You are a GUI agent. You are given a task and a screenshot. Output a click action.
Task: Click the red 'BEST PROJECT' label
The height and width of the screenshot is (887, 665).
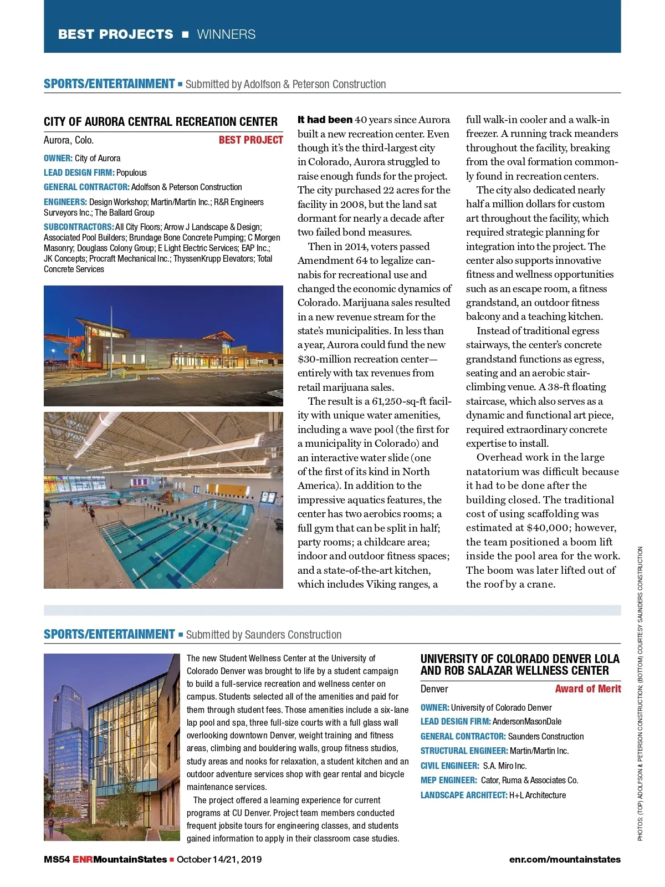coord(250,140)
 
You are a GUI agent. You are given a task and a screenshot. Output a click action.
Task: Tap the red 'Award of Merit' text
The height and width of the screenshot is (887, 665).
coord(588,689)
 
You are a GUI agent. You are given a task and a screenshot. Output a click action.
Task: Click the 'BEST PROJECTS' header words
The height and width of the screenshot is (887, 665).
coord(115,34)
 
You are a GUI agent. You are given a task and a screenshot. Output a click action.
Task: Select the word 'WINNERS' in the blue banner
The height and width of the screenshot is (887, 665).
coord(226,34)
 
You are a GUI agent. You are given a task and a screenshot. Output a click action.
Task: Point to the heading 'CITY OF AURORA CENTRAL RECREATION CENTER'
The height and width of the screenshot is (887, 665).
coord(161,122)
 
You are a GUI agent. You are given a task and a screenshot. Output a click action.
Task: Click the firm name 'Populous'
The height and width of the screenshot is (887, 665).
coord(131,173)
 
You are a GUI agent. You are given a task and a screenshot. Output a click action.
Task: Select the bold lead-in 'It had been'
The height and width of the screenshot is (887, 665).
coord(325,120)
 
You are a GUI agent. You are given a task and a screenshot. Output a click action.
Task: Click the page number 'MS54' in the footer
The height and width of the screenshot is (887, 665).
coord(57,860)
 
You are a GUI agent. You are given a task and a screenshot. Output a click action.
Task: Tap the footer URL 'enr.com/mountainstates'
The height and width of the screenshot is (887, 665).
coord(565,860)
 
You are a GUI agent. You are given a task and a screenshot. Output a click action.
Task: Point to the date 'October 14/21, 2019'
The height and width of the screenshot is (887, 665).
coord(219,860)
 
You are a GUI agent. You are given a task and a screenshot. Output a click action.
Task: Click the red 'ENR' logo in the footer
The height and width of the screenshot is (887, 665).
coord(83,860)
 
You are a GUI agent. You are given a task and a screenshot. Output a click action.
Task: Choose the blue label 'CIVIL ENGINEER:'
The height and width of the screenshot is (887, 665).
coord(449,766)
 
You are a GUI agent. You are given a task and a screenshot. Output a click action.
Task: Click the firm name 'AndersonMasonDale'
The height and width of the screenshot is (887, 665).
coord(526,722)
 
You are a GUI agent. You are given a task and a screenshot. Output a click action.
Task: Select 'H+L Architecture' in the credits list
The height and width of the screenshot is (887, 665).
coord(538,796)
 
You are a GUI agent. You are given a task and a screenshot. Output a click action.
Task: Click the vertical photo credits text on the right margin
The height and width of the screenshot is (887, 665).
coord(640,693)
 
